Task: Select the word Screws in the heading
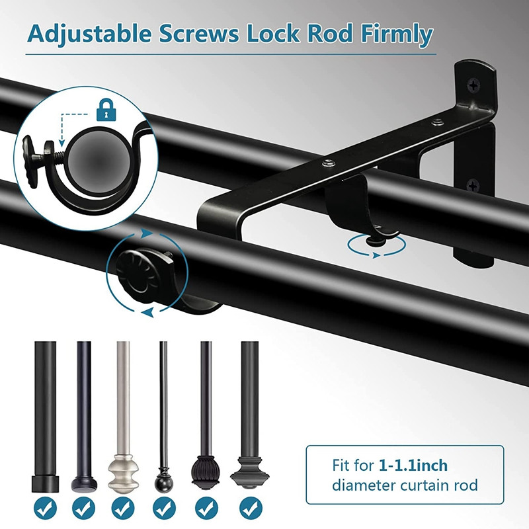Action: click(x=199, y=34)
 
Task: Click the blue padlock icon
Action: click(x=106, y=110)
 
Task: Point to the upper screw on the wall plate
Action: click(x=474, y=85)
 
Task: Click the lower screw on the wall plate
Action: click(x=473, y=186)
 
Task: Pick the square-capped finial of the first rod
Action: click(x=45, y=483)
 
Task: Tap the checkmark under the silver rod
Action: click(x=123, y=508)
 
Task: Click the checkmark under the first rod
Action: click(x=45, y=508)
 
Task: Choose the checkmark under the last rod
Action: click(x=251, y=508)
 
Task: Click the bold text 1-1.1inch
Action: click(x=413, y=466)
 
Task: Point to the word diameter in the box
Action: click(x=364, y=485)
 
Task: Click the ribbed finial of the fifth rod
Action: click(x=206, y=473)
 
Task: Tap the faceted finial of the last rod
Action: click(x=250, y=472)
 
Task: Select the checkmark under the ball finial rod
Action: click(x=164, y=508)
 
